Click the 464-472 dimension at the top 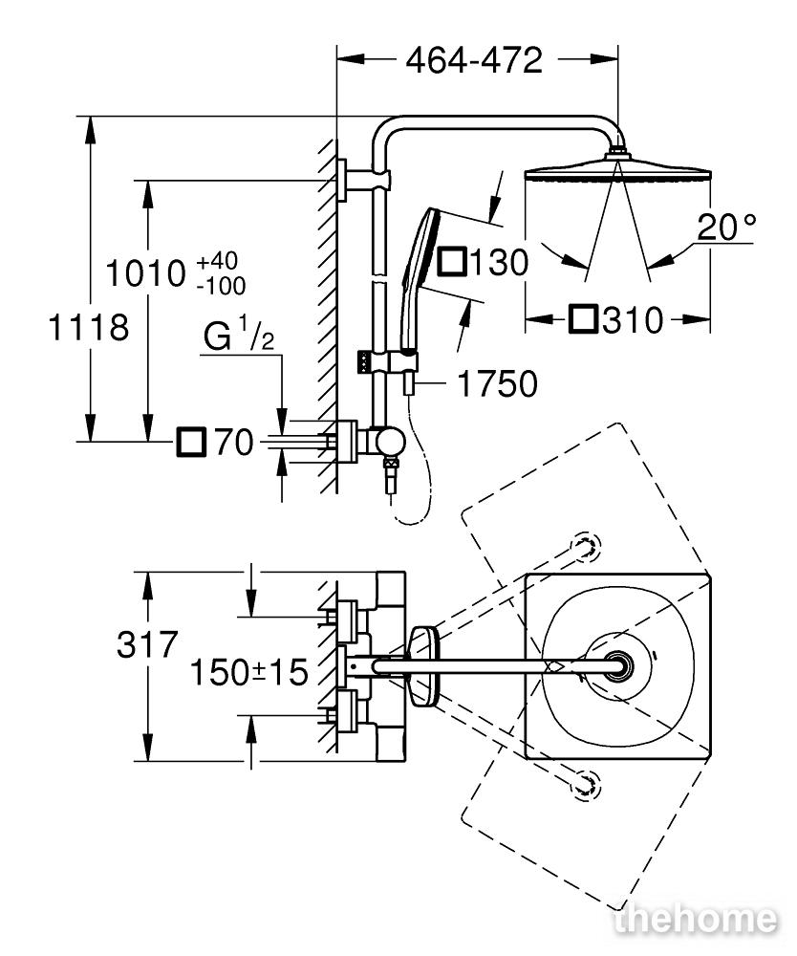[474, 60]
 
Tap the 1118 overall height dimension [88, 327]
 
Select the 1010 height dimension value [145, 273]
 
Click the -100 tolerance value [221, 285]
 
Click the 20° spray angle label [726, 227]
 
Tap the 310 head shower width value [633, 320]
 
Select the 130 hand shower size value [499, 264]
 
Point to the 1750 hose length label [497, 383]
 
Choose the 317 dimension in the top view [147, 643]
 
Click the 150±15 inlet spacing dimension [248, 672]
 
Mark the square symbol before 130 [451, 263]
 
